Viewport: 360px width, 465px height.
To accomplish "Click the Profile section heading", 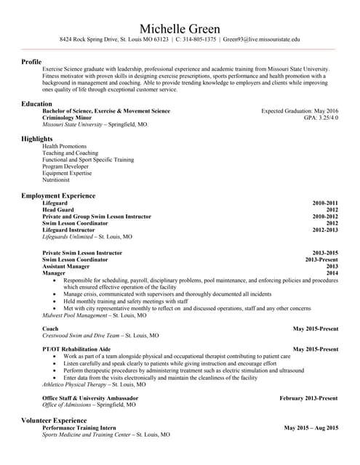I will point(31,62).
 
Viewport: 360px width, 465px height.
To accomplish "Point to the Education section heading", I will point(36,104).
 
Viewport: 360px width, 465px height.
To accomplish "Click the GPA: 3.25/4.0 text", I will point(321,118).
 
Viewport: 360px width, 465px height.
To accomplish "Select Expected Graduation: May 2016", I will point(300,111).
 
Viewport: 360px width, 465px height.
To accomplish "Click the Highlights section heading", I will point(37,139).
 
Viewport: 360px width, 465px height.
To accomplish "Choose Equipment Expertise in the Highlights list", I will point(67,174).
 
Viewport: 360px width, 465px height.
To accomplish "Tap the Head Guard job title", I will point(58,210).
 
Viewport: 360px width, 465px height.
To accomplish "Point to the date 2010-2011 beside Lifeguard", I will point(325,203).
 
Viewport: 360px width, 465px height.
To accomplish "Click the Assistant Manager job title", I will point(66,267).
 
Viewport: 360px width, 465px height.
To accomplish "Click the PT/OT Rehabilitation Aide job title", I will point(76,349).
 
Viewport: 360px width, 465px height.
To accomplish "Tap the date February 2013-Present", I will point(308,398).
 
